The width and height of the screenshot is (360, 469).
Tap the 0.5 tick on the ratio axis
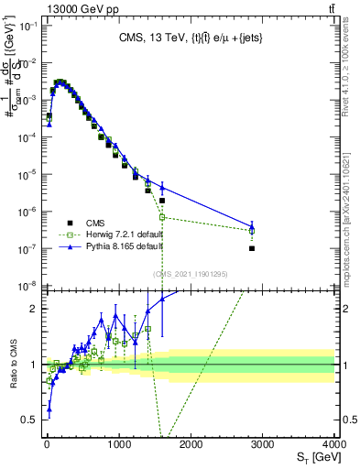28,420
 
